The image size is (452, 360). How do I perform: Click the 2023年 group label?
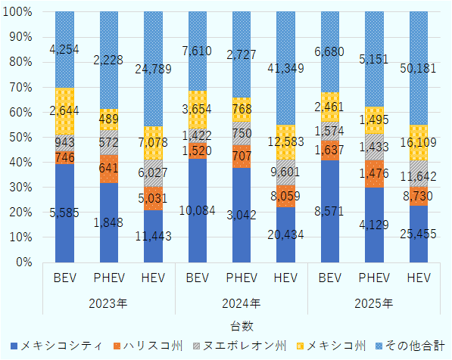tap(108, 303)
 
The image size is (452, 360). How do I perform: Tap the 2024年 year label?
tap(241, 303)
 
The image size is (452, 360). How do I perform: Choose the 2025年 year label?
tap(373, 303)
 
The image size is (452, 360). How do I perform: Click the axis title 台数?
tap(241, 325)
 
